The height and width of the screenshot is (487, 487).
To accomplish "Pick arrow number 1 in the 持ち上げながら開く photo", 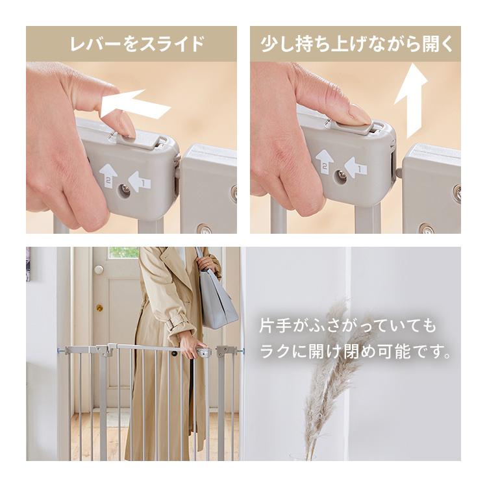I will tap(356, 167).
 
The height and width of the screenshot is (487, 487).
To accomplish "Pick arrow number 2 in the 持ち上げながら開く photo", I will tap(325, 162).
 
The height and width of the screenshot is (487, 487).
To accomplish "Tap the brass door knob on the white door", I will tap(99, 307).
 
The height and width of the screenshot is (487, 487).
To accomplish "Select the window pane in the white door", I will tap(124, 253).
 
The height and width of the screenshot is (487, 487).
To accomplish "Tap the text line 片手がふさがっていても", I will tap(349, 325).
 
